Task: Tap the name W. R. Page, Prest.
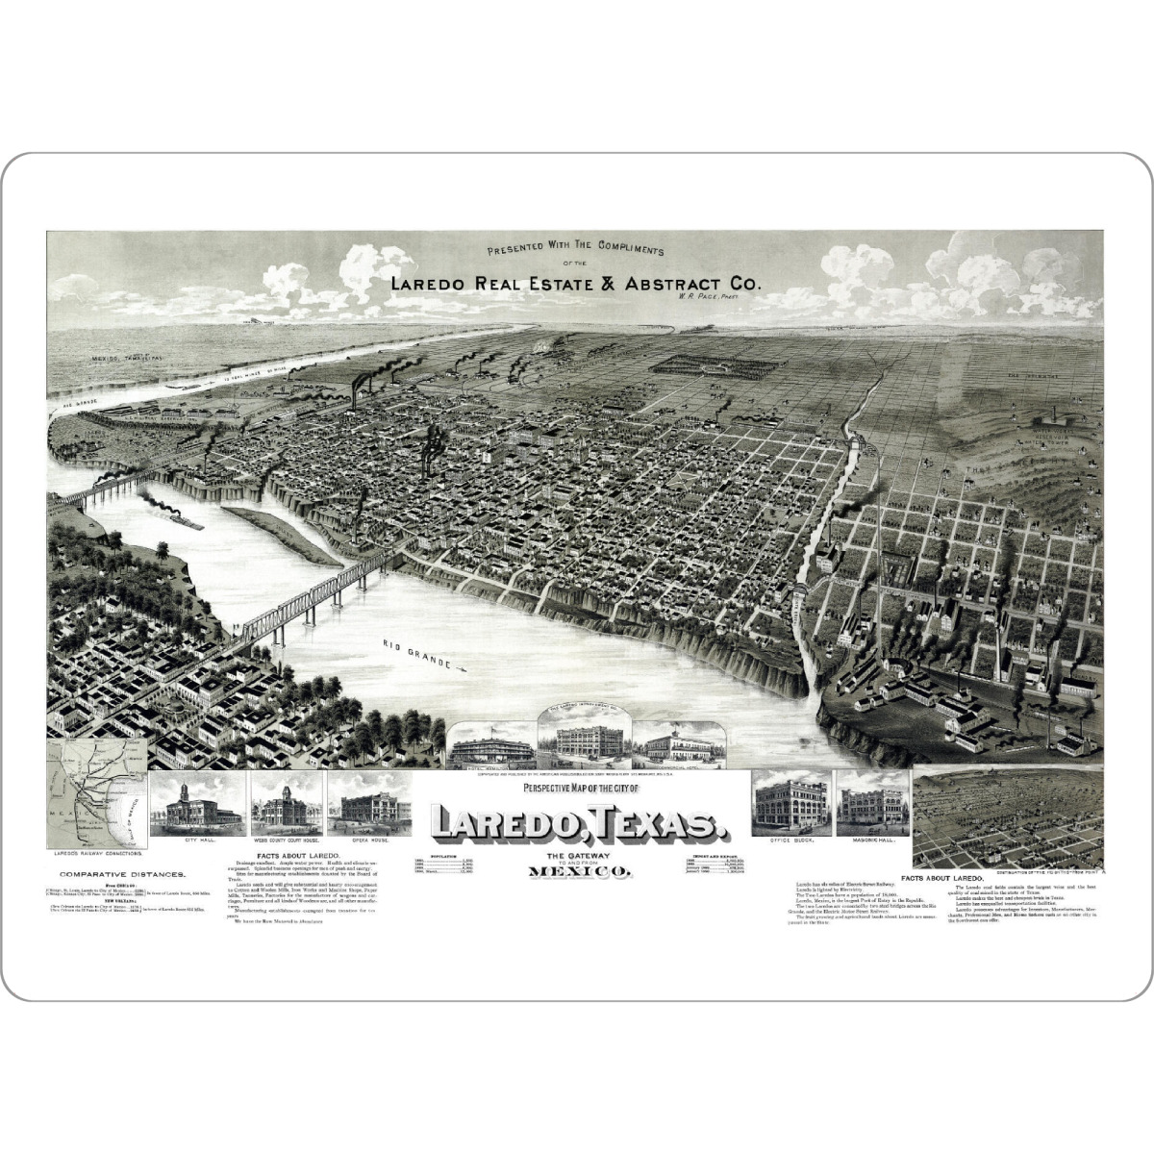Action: [690, 299]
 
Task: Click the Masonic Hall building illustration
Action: [872, 803]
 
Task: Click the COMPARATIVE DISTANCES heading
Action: [108, 874]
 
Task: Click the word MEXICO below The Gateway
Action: [579, 872]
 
